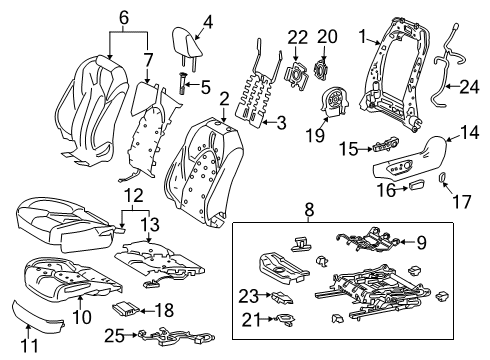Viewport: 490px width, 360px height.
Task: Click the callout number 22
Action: pos(295,37)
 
